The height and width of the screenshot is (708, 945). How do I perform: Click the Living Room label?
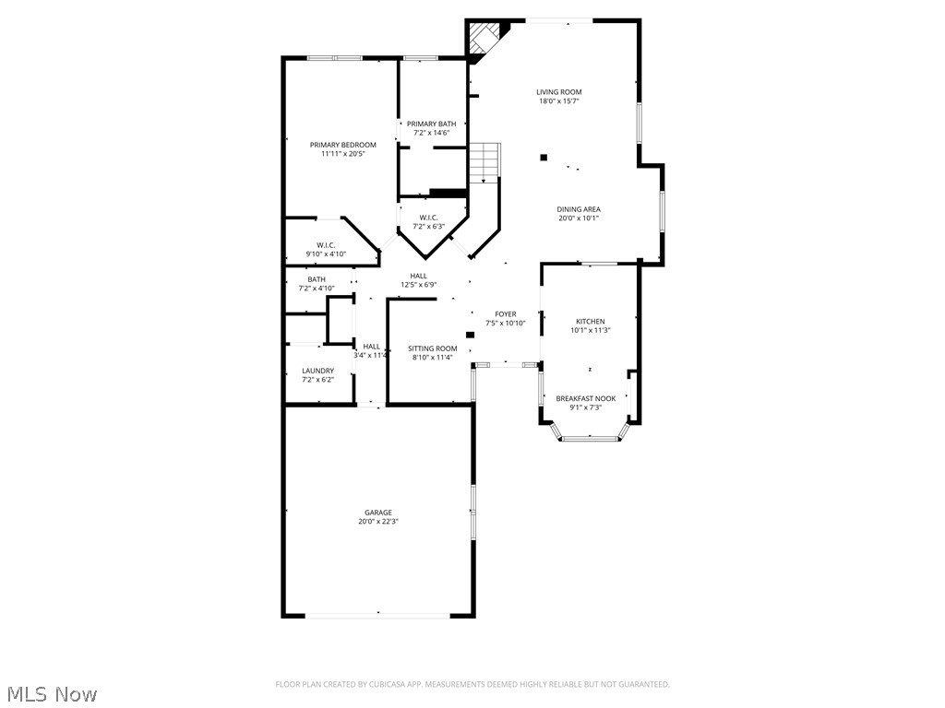[x=559, y=92]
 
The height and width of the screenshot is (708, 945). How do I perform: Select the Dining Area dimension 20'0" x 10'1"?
[x=579, y=218]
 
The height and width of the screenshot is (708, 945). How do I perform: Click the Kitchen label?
[x=591, y=321]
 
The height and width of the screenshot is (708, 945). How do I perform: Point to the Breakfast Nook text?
[x=585, y=398]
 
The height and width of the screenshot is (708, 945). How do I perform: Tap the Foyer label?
[x=506, y=314]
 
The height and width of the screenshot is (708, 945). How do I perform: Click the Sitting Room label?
[x=433, y=348]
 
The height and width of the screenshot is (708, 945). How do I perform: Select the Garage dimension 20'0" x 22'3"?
[x=377, y=522]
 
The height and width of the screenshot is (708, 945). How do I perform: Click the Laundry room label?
[x=317, y=371]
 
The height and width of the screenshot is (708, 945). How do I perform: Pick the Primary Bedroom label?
[x=342, y=145]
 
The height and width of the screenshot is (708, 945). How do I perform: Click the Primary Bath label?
[x=432, y=124]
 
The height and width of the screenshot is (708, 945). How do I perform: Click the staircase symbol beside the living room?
[x=484, y=162]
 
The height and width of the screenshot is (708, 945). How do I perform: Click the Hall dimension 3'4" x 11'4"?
[x=371, y=355]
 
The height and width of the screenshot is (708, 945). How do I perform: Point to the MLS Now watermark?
[x=51, y=693]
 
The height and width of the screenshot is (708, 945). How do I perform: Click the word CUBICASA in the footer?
[x=379, y=684]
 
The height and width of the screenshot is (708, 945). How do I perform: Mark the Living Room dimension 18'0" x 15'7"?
[x=559, y=101]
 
